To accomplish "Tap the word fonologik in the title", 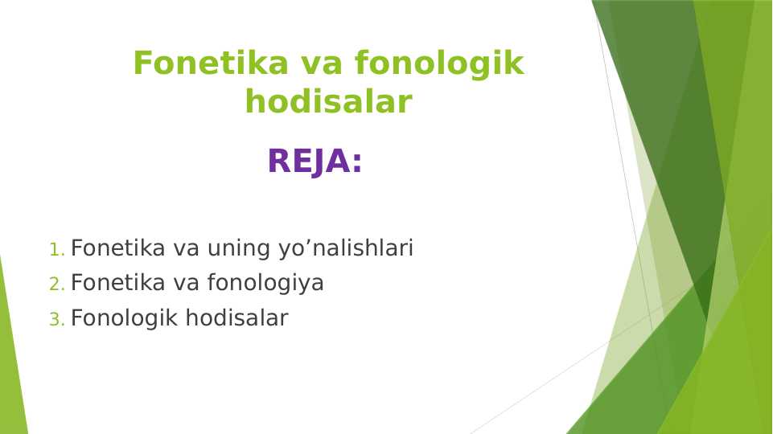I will pyautogui.click(x=439, y=63).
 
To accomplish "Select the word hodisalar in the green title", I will pyautogui.click(x=328, y=102).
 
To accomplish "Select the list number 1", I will pyautogui.click(x=55, y=250).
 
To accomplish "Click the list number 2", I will pyautogui.click(x=56, y=285).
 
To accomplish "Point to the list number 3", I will pyautogui.click(x=56, y=320).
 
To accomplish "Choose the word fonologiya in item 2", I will pyautogui.click(x=265, y=284).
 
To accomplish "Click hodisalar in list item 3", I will pyautogui.click(x=236, y=318).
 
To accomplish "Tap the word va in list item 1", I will pyautogui.click(x=187, y=249).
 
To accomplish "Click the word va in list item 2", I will pyautogui.click(x=187, y=284).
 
